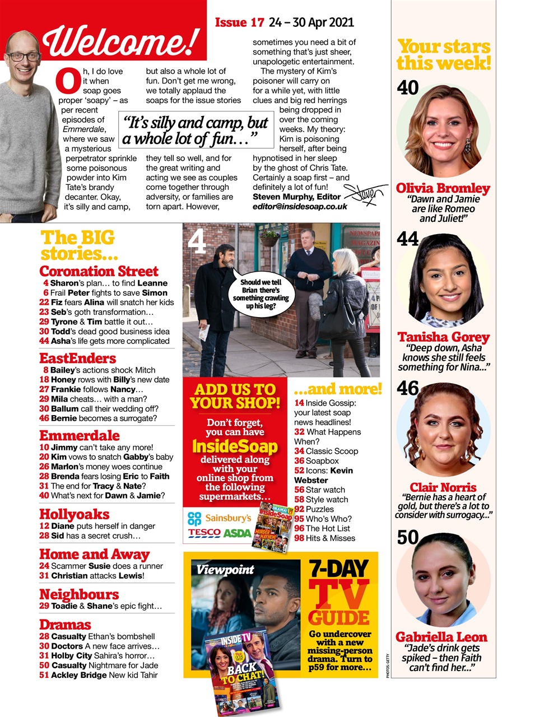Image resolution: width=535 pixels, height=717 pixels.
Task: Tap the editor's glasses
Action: pos(24,57)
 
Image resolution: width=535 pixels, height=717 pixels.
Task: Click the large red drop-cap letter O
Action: pos(68,82)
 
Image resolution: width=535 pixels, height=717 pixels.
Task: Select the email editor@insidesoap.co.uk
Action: pos(300,206)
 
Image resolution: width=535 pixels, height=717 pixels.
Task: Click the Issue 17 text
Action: pos(239,22)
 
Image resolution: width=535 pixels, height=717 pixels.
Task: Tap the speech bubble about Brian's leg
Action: pos(260,294)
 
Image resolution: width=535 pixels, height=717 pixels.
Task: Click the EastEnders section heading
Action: pos(78,358)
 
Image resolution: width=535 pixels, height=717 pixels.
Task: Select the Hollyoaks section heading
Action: pos(75,514)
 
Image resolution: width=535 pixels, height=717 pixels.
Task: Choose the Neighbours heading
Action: pos(79,594)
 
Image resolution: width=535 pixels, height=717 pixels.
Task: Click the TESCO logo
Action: pos(204,533)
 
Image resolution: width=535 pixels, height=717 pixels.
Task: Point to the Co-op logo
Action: pos(194,518)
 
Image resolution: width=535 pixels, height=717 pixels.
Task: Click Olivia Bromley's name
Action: pos(443,188)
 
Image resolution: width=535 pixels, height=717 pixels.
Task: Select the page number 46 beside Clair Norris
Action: pos(408,388)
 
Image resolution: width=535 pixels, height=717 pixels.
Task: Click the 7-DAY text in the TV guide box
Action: pos(339,569)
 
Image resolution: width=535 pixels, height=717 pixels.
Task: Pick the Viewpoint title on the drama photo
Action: pos(225,570)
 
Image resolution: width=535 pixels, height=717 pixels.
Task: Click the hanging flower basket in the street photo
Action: pos(269,238)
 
